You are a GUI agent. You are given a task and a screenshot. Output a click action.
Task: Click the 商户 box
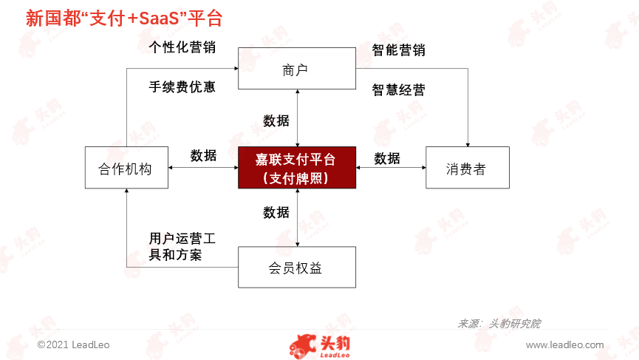(x=297, y=68)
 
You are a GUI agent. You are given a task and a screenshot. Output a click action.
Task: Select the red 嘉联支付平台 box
(x=297, y=168)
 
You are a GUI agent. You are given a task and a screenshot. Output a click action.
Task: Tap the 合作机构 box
(x=126, y=168)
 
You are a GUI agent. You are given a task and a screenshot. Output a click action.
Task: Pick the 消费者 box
(x=468, y=168)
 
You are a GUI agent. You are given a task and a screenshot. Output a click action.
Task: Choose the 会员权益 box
(x=297, y=267)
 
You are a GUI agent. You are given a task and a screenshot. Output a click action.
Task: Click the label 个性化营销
(x=182, y=47)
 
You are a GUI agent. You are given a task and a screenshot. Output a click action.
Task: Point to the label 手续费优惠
(x=182, y=86)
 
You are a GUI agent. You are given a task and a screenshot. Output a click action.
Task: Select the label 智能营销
(x=399, y=50)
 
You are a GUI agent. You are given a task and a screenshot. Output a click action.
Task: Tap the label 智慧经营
(x=399, y=89)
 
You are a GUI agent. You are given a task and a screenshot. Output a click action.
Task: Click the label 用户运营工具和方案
(x=182, y=246)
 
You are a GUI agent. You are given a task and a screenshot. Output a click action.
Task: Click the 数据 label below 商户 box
(x=276, y=120)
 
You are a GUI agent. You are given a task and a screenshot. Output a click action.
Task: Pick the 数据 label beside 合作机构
(x=203, y=155)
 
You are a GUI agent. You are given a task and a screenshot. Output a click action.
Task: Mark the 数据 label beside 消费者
(x=387, y=158)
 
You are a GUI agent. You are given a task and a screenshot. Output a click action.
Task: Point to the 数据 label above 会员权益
(x=276, y=212)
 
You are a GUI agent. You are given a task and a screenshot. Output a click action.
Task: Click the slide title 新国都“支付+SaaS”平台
(x=124, y=18)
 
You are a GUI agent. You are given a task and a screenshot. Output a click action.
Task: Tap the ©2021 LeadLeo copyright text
(x=73, y=345)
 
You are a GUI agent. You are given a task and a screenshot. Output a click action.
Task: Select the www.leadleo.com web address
(x=565, y=345)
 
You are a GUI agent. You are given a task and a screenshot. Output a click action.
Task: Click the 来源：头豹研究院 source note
(x=499, y=324)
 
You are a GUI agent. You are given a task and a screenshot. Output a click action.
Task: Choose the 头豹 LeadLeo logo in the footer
(x=320, y=347)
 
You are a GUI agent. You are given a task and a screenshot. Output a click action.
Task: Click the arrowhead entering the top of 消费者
(x=468, y=145)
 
